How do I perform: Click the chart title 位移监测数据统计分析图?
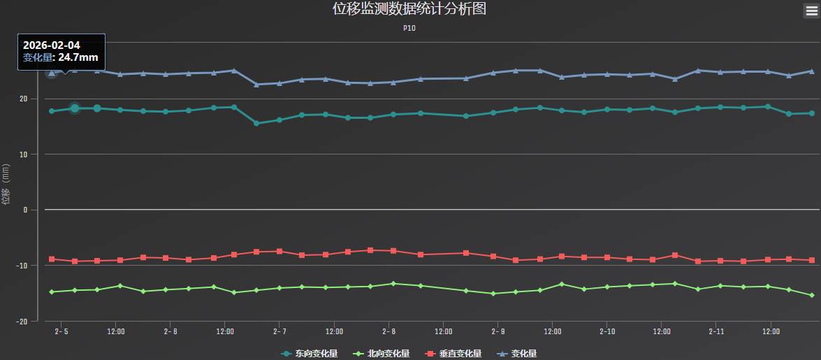(x=409, y=9)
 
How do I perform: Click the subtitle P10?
(x=409, y=29)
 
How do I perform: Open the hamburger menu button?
(x=811, y=10)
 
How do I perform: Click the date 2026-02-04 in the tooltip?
(x=52, y=45)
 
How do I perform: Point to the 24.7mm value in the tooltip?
(x=78, y=58)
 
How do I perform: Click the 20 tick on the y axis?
(x=24, y=99)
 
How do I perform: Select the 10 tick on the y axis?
(x=24, y=154)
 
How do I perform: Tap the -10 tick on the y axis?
(x=22, y=266)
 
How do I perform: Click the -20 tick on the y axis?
(x=22, y=322)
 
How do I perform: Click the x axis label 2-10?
(x=607, y=331)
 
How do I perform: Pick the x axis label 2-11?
(x=716, y=331)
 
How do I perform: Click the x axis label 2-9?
(x=498, y=331)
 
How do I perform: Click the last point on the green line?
(x=811, y=295)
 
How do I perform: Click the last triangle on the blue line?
(x=811, y=71)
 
